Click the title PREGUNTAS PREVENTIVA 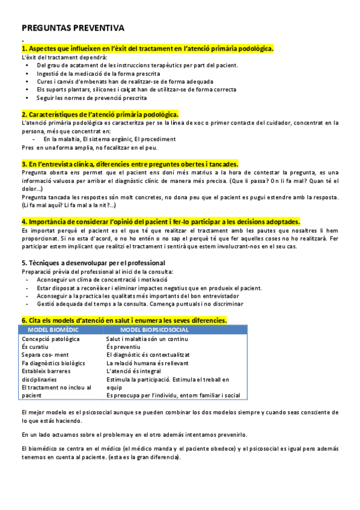[73, 28]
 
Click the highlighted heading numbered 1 [147, 49]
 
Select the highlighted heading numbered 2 [99, 114]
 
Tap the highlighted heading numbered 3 [130, 164]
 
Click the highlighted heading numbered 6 [124, 321]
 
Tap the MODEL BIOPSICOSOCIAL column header [154, 330]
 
